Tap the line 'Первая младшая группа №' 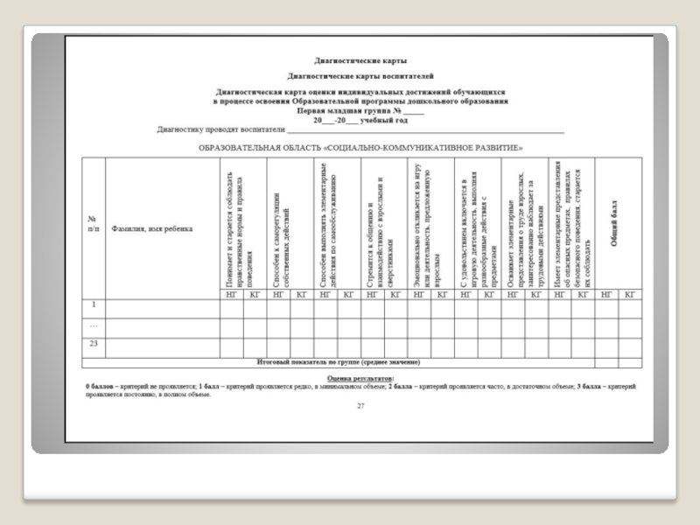click(360, 111)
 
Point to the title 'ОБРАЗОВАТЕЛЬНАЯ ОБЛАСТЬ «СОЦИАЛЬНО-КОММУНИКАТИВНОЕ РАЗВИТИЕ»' click(360, 147)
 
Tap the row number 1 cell click(93, 305)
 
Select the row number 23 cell click(93, 344)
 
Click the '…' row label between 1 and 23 click(93, 325)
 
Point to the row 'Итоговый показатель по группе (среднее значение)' click(338, 360)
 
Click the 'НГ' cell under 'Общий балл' click(606, 294)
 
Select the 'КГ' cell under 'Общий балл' click(630, 294)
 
